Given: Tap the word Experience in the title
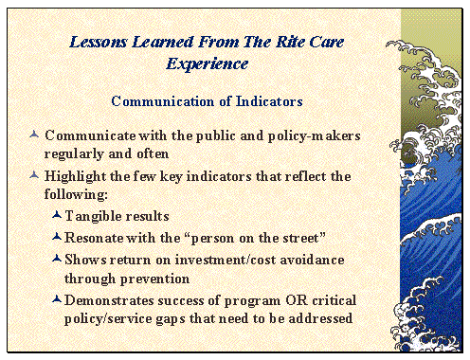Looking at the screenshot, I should coord(208,63).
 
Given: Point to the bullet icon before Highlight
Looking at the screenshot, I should coord(35,175).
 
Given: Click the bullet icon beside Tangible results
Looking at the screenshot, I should coord(57,216).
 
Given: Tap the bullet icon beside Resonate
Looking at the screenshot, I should coord(57,237).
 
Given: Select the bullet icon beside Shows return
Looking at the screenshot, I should coord(57,258).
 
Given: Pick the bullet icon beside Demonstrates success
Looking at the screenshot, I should coord(57,299).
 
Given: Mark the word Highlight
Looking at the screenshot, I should coord(78,176).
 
